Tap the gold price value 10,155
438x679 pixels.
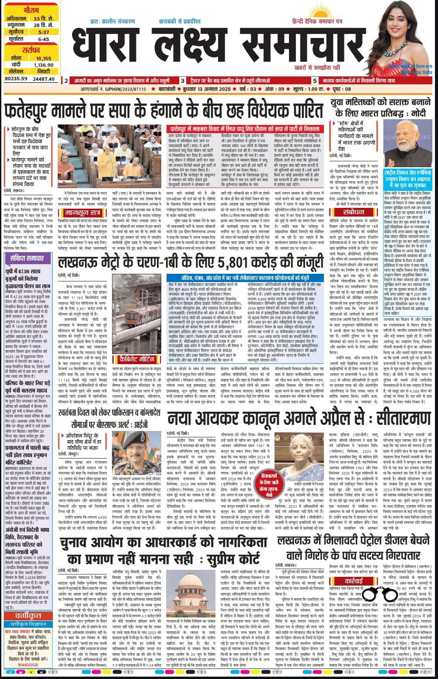point(44,58)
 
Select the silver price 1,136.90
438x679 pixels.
point(44,65)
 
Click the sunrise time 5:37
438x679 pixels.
point(44,32)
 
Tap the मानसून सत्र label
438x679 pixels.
point(83,213)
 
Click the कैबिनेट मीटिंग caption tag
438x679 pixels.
point(137,359)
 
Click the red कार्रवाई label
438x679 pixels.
point(353,581)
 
